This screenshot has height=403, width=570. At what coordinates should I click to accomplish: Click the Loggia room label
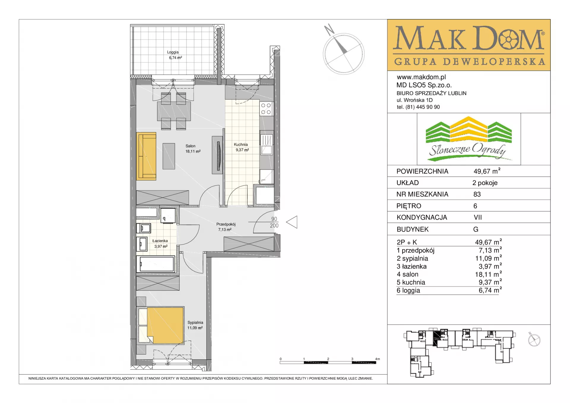pos(173,52)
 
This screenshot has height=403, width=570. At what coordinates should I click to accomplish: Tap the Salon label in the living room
pos(191,146)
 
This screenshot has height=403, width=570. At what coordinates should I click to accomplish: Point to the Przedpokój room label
pos(226,224)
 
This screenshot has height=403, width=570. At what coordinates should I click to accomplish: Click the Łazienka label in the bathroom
pos(160,241)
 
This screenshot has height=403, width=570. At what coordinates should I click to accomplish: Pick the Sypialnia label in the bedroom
pos(195,323)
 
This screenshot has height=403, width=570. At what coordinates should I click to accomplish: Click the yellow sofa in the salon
pos(146,156)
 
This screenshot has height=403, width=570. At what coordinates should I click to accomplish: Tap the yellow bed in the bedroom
pos(165,326)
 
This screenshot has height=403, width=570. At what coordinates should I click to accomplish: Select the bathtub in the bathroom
pos(157,264)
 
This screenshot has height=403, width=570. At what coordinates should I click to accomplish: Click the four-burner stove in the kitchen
pos(266,109)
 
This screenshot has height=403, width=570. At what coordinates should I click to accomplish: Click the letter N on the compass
pos(329,29)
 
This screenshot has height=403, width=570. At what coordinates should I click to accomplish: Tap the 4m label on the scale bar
pos(378,359)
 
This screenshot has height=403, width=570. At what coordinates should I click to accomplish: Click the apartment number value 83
pos(477,195)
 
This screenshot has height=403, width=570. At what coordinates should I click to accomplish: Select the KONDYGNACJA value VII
pos(478,217)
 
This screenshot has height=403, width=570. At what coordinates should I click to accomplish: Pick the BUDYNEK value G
pos(476,229)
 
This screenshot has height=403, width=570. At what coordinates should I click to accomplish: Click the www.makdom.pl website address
pos(421,77)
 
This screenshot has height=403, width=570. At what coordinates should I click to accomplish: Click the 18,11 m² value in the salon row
pos(488,274)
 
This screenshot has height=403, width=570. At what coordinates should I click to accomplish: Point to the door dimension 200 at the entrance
pos(274,226)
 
